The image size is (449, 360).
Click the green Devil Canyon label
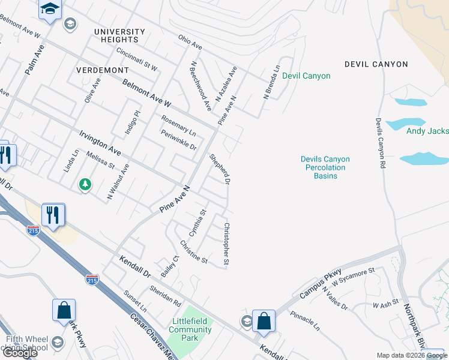(306, 76)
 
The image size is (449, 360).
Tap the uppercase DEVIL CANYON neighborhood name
(376, 64)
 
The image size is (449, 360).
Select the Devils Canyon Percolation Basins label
(325, 163)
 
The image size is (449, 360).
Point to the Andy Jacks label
(427, 131)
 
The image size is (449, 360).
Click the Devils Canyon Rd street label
(379, 142)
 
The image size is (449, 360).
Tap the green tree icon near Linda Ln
(86, 184)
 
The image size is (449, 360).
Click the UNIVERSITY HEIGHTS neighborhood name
(119, 35)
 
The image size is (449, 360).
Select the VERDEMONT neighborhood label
(103, 70)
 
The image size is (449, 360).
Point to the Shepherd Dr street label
(220, 169)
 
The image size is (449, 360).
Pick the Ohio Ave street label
(190, 41)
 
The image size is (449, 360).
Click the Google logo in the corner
(20, 352)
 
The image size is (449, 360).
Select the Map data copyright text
(412, 355)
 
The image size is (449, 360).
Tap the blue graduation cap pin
(50, 9)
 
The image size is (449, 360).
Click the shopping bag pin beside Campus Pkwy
(264, 321)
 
